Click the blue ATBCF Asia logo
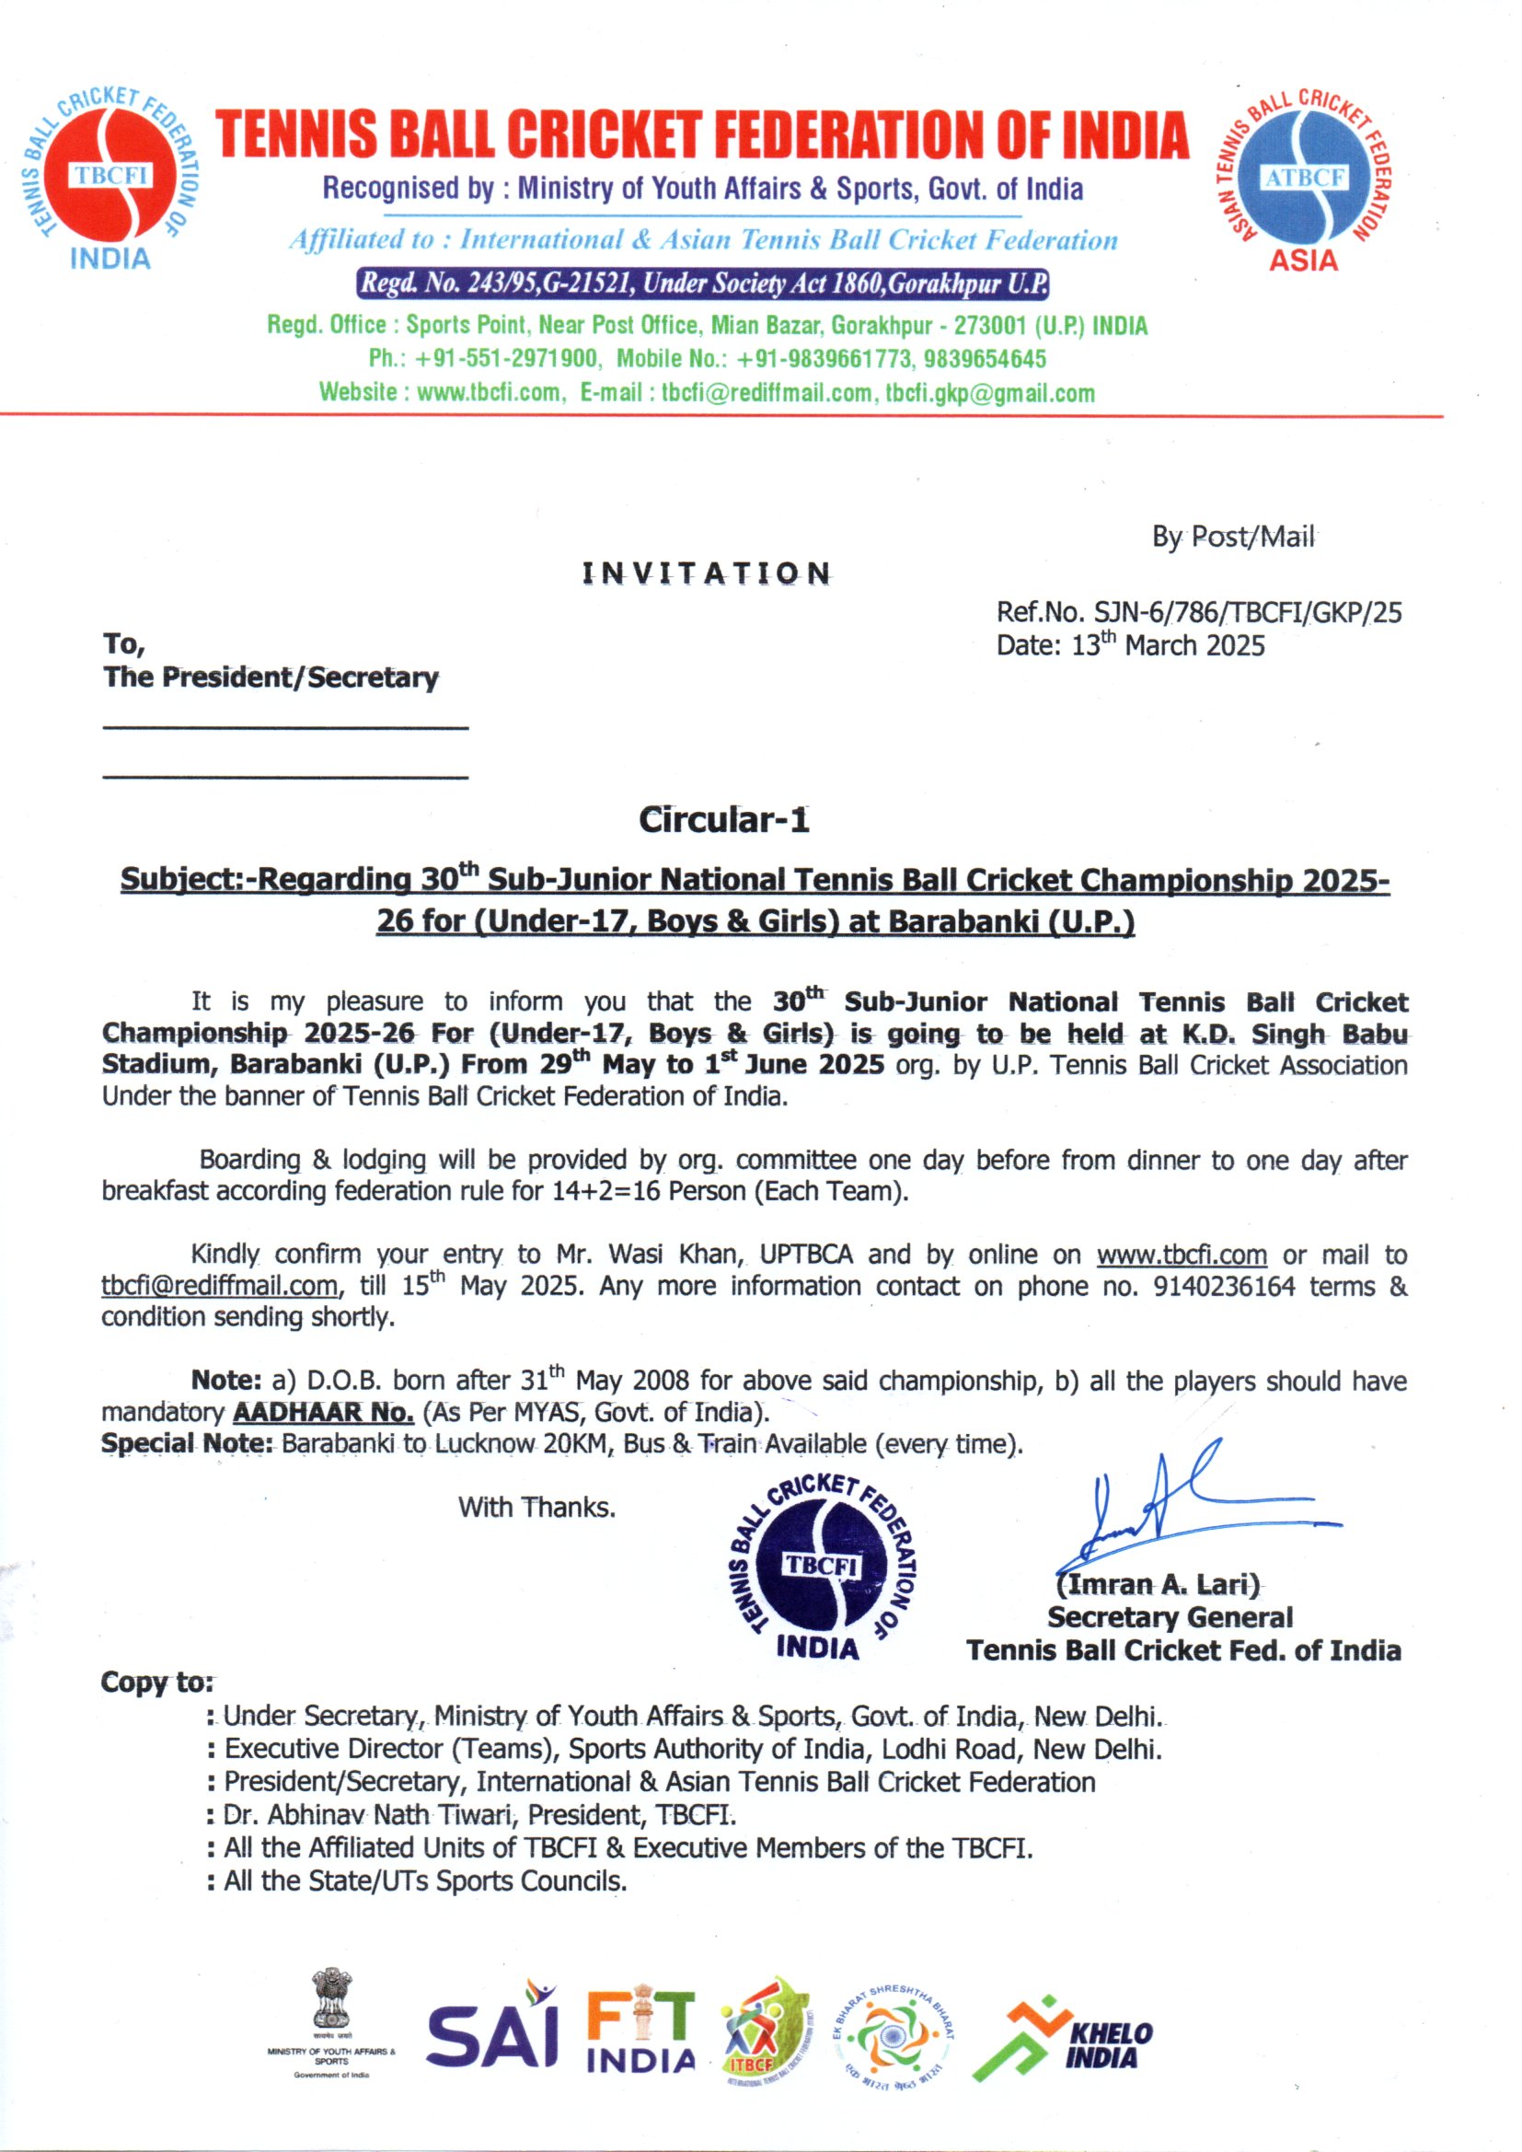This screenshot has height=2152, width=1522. point(1305,177)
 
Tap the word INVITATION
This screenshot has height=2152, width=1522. point(706,573)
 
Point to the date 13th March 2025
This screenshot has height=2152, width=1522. point(1168,646)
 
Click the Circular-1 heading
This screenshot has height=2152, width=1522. point(723,820)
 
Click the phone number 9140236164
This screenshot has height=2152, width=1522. point(1224,1286)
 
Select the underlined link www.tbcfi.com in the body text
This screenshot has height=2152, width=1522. point(1181,1255)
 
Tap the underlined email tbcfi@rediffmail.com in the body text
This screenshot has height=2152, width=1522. point(219,1286)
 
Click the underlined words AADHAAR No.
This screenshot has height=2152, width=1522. point(323,1412)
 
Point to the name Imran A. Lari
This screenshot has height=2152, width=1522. point(1158,1585)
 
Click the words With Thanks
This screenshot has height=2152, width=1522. point(536,1507)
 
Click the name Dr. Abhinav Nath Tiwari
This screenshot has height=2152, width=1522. point(369,1814)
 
